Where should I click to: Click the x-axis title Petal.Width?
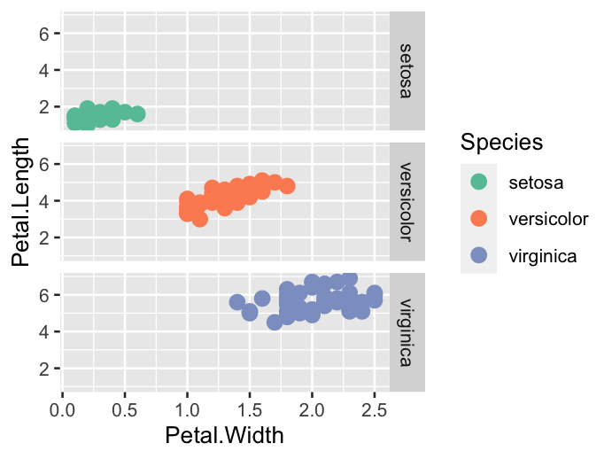[225, 435]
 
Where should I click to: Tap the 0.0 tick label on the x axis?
[62, 410]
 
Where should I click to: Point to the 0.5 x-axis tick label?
[125, 410]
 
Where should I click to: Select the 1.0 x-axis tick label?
[187, 410]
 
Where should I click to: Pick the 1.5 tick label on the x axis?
[250, 410]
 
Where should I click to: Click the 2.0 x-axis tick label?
[312, 410]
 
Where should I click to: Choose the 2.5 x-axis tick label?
[375, 410]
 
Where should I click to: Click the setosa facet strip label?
[407, 70]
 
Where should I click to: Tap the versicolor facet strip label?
[407, 201]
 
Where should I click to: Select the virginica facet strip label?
[407, 332]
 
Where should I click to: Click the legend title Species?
[501, 142]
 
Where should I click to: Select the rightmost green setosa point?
[137, 113]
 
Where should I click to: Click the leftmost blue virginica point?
[237, 302]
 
